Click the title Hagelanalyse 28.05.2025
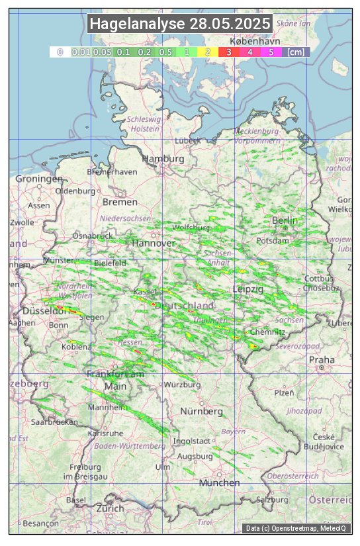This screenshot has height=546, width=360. [180, 24]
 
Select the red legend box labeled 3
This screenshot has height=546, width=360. [228, 52]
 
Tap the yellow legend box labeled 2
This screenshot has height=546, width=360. [208, 52]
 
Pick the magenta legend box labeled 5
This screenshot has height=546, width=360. [271, 52]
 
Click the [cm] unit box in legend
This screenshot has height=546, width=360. [296, 52]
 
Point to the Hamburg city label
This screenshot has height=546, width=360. [163, 159]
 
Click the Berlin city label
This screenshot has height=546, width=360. [285, 220]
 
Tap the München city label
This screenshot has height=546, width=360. [219, 482]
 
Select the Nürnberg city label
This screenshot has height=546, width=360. [202, 411]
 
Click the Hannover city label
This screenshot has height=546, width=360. [154, 243]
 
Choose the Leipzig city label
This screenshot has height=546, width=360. [248, 289]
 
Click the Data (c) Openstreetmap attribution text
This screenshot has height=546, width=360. [296, 528]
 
